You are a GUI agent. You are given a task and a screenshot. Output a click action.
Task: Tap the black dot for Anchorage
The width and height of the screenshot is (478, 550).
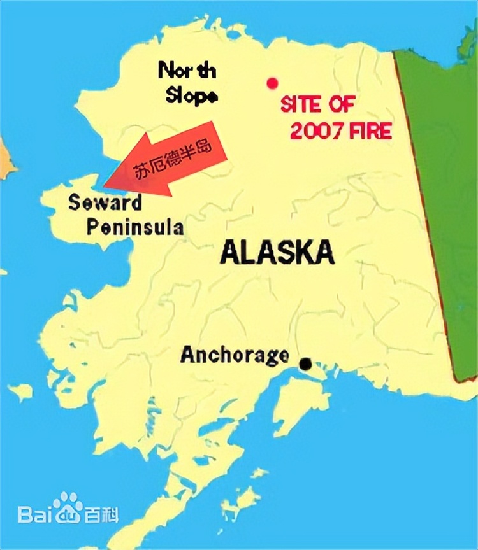[x=306, y=364]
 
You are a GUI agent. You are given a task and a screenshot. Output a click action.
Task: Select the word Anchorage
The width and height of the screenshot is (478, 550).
[x=235, y=355]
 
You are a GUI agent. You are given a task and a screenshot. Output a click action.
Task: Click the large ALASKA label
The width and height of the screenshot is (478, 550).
[x=277, y=252]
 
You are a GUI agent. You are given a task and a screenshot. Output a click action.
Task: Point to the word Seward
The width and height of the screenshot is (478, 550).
[x=105, y=204]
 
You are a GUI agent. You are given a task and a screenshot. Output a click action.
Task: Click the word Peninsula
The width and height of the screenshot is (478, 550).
[x=135, y=227]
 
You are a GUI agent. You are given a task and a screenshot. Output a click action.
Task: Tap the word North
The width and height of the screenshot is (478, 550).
[x=186, y=70]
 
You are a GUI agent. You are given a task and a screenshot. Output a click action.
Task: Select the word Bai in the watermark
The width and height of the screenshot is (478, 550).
[x=35, y=514]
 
